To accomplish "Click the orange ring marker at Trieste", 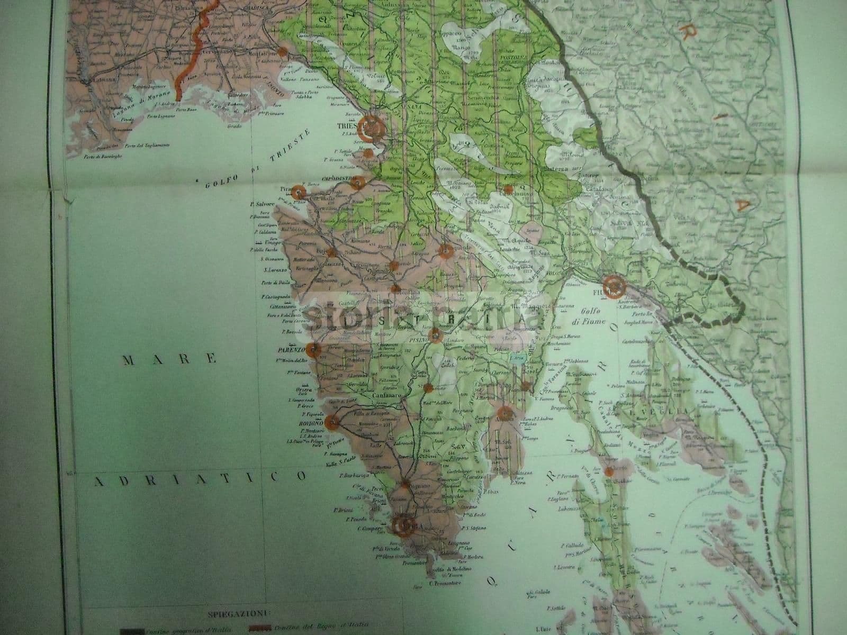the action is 371,127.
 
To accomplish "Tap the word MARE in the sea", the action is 170,360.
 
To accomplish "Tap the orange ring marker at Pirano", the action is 299,193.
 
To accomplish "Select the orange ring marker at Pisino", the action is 435,334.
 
